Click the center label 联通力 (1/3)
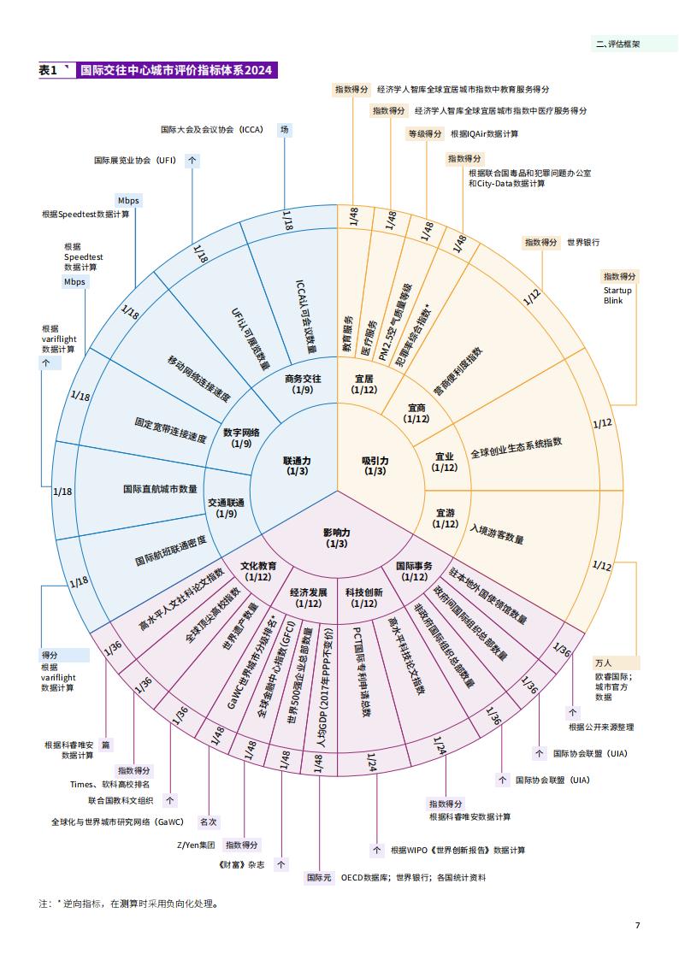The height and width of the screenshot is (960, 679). (297, 466)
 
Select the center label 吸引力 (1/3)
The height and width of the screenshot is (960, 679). (375, 466)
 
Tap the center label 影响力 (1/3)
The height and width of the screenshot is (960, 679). (337, 539)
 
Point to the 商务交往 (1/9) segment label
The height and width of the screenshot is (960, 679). (303, 384)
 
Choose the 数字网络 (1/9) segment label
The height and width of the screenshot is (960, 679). (241, 438)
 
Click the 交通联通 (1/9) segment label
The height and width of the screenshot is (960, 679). (226, 508)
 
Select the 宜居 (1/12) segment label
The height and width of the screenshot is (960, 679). (364, 384)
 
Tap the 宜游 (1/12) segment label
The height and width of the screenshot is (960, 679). (446, 519)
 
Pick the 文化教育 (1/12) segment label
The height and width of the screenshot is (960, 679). (257, 571)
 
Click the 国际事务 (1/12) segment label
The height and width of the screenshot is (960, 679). (415, 571)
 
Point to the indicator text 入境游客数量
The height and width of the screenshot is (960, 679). (497, 534)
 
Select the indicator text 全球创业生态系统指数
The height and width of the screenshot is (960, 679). (517, 448)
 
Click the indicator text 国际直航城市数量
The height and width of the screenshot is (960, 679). (160, 489)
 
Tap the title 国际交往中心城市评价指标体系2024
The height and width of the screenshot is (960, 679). (176, 70)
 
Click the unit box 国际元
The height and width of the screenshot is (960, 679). (319, 877)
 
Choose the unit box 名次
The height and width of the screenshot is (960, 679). (208, 822)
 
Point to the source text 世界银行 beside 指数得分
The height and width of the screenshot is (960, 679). (583, 243)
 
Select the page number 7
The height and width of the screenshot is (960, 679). (637, 924)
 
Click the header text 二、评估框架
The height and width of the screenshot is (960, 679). (617, 44)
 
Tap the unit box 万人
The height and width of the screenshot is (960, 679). (603, 663)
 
